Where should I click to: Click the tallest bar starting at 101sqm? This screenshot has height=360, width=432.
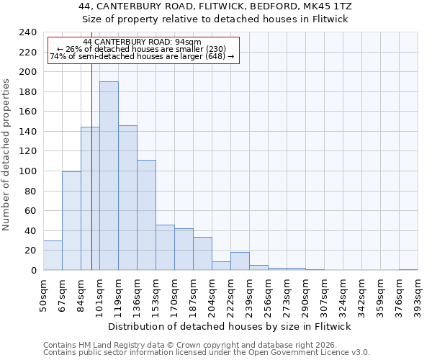click(x=109, y=176)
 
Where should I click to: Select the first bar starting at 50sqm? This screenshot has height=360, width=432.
click(x=53, y=255)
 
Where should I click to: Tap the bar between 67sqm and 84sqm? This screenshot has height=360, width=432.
click(x=71, y=220)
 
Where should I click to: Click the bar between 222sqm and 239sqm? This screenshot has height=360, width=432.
click(x=240, y=261)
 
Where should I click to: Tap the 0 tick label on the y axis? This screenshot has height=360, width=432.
click(x=33, y=271)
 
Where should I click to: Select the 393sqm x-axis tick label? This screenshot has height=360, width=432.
click(x=418, y=296)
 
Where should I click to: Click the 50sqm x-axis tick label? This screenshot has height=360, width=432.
click(x=44, y=296)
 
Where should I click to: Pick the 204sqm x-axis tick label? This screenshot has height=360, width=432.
click(x=212, y=296)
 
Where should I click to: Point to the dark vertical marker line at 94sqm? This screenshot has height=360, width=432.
click(x=91, y=180)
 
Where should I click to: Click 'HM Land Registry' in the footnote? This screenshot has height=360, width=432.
click(x=104, y=345)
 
